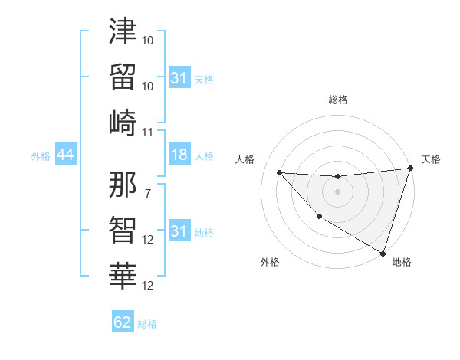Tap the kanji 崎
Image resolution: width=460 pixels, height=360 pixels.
coord(123,123)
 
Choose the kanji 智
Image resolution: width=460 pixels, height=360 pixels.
coord(123,228)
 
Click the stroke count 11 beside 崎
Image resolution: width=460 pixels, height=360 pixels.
coord(148,132)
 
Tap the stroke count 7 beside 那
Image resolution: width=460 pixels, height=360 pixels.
coord(148,192)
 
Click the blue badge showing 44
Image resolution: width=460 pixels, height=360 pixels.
coord(65,155)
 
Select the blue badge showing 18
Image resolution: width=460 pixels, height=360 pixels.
coord(179,155)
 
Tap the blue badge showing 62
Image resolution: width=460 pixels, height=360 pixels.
coord(123,322)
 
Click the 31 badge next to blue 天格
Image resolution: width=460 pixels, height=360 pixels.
coord(179,78)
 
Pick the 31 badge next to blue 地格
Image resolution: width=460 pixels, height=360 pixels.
coord(179,232)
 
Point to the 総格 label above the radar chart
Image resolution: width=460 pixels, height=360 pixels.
coord(337,100)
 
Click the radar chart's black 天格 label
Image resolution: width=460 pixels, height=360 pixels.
coord(431,159)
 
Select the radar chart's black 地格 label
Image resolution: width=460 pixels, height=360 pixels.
coord(402,262)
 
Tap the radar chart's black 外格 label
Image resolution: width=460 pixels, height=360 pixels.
coord(270,262)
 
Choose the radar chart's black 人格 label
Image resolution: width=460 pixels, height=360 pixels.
coord(245,159)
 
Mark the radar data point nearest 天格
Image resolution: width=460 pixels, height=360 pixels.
coord(410,169)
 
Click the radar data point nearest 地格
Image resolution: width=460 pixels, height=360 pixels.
coord(383,252)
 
